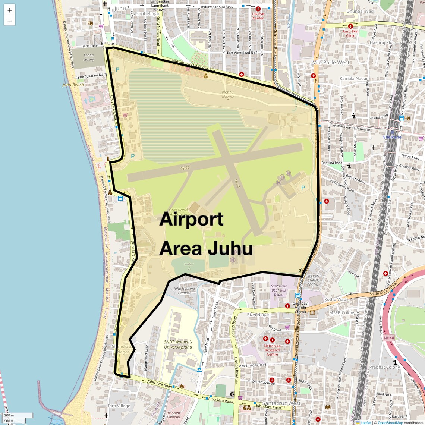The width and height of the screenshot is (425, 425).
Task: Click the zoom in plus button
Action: (x=10, y=10)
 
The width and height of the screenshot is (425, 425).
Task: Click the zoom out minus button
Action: (x=10, y=21)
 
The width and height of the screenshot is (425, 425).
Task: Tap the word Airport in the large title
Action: (x=191, y=220)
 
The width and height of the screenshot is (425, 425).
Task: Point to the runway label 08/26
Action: (x=185, y=168)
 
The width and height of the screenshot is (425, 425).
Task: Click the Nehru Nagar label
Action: (x=227, y=94)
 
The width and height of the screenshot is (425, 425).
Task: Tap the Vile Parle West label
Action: (x=331, y=62)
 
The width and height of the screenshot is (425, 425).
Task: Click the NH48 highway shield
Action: (x=388, y=338)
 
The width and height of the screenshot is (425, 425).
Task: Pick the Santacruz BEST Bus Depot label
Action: (x=278, y=290)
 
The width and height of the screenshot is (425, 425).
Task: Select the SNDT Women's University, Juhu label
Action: (x=178, y=344)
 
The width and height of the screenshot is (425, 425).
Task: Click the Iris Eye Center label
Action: (x=258, y=16)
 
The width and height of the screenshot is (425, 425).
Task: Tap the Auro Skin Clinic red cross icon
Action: (x=350, y=26)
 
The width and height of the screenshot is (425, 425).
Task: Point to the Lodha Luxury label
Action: (x=89, y=57)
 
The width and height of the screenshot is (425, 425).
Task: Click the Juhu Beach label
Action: (x=73, y=85)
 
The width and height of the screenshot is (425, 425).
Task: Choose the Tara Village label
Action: (x=119, y=406)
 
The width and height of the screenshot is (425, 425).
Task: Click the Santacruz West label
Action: (x=281, y=403)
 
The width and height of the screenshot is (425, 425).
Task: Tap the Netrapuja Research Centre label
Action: (x=272, y=350)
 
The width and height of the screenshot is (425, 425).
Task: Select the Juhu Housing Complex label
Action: (x=184, y=290)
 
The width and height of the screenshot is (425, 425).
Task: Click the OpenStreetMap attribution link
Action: (x=390, y=422)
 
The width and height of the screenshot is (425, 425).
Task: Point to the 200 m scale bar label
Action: (x=9, y=415)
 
